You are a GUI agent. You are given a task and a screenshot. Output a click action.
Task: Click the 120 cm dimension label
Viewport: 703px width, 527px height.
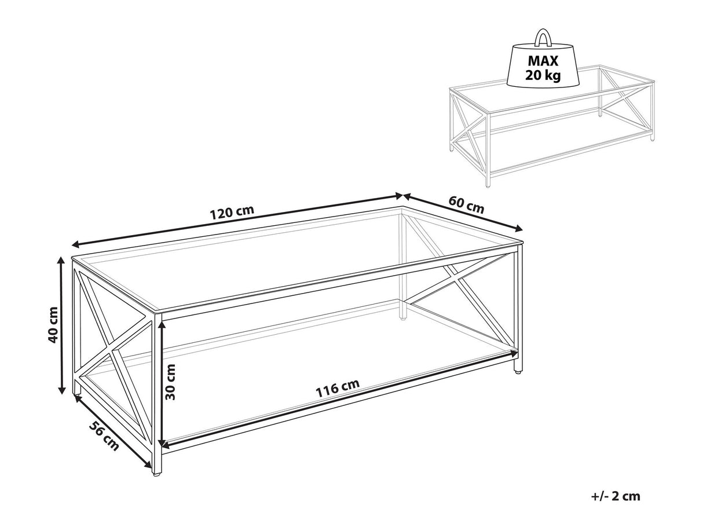(232, 213)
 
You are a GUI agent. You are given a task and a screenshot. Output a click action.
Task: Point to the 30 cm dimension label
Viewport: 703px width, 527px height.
(170, 382)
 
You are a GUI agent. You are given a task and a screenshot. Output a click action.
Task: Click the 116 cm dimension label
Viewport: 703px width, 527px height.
(338, 388)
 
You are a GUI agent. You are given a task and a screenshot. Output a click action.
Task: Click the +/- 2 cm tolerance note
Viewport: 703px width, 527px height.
(616, 505)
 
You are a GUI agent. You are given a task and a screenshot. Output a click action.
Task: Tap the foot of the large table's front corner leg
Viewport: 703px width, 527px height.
(156, 474)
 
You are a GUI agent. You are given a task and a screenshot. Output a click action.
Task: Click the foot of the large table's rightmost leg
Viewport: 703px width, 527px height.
(517, 372)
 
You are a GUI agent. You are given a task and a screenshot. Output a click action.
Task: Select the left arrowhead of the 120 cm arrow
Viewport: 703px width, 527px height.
(76, 245)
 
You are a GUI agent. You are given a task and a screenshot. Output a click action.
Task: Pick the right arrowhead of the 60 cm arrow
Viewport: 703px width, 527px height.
(518, 229)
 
